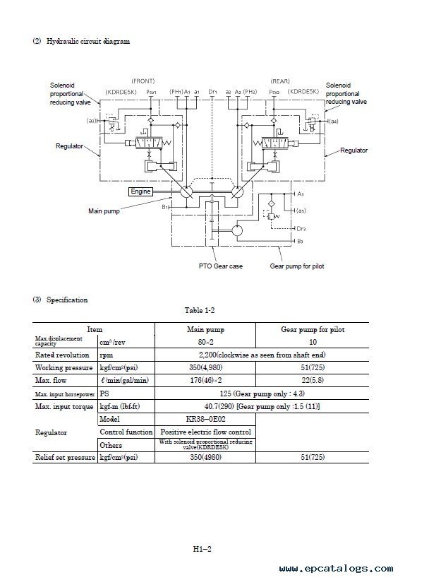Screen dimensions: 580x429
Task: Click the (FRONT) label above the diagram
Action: pos(143,80)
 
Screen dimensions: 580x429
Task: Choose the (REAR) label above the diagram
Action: pos(280,80)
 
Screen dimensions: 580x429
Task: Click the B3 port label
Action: pos(301,242)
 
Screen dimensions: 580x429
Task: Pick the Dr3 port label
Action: pos(302,229)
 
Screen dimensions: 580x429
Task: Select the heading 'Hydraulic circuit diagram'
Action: pos(88,41)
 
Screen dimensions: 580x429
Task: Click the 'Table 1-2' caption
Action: pos(203,311)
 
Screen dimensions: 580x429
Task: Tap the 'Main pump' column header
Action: pos(205,329)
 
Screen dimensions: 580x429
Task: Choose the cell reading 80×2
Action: pos(205,341)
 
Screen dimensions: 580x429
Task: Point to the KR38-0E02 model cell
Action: pos(205,418)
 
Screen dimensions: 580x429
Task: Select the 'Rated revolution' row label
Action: pos(63,355)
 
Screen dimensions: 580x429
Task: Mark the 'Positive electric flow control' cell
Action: pos(205,431)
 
